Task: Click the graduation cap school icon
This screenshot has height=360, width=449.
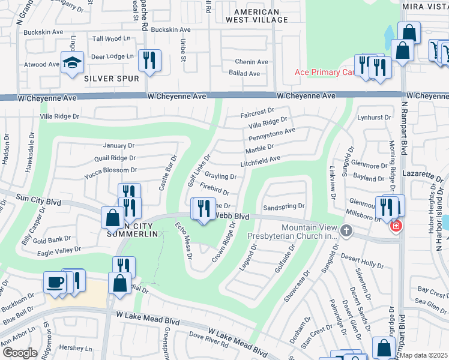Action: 71,62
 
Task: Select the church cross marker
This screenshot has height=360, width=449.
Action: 345,230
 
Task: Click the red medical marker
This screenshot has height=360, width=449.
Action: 396,226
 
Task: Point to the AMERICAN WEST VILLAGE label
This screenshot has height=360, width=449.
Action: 256,16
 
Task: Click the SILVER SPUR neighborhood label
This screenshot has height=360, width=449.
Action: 112,79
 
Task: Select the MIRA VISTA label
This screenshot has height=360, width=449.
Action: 425,6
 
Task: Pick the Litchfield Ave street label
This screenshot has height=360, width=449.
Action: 261,159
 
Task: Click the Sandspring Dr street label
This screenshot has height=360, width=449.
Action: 285,206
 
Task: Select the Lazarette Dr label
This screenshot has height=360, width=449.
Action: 427,173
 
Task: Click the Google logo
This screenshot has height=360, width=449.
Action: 20,353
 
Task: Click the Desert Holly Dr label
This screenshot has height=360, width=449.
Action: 362,263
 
